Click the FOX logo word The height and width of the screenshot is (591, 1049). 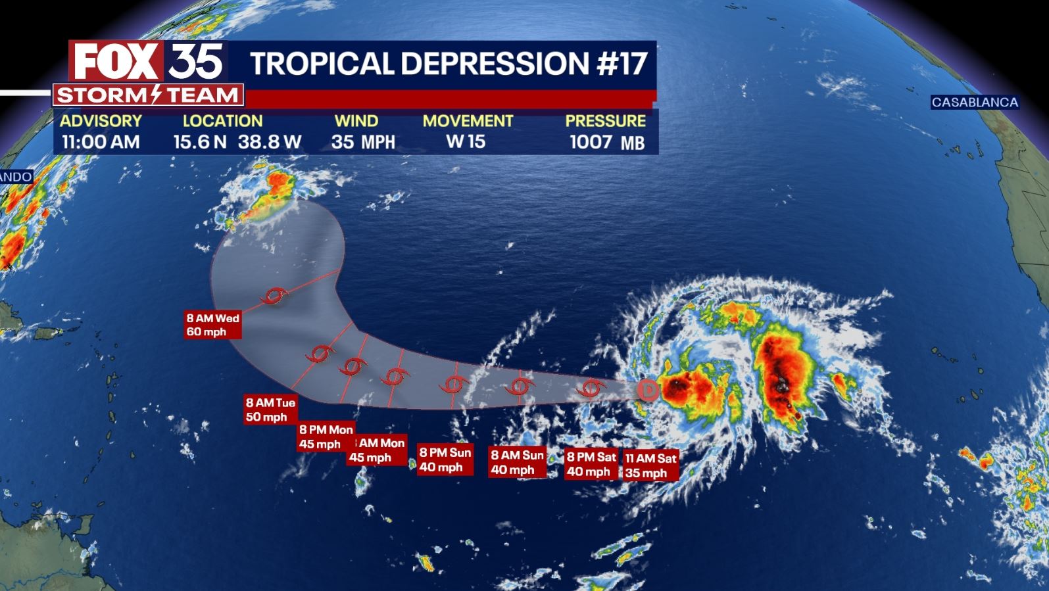[116, 61]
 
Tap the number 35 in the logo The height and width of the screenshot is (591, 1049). [195, 61]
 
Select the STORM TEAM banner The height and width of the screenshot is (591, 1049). [148, 95]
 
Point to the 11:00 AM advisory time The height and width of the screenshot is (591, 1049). [101, 142]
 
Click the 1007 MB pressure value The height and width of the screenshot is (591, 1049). [606, 142]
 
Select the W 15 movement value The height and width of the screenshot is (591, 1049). [466, 142]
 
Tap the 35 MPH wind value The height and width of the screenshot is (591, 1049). [363, 142]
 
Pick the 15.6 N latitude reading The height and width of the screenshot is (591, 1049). [200, 142]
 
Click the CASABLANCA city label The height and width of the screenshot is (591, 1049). [974, 103]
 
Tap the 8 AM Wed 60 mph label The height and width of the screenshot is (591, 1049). [212, 325]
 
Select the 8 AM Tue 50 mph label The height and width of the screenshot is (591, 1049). [270, 410]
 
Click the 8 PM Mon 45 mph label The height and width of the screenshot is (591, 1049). [326, 437]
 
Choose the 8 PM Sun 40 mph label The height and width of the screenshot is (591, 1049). [445, 460]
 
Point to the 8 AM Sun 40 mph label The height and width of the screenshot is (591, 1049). [517, 462]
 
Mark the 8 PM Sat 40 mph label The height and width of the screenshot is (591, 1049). [591, 464]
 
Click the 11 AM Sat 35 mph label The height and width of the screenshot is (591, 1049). [650, 465]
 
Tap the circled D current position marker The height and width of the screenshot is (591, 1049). [648, 390]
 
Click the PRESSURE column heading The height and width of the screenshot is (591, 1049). [605, 121]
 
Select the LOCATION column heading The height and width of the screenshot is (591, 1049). [222, 121]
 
